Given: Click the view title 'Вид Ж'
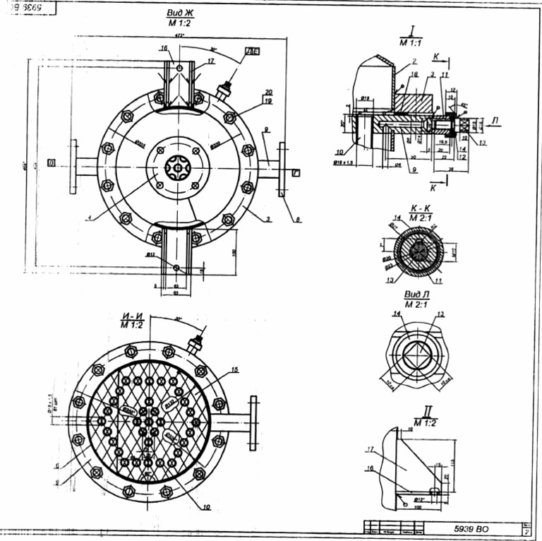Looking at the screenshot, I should click(179, 13).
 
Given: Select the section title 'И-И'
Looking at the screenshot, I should click(129, 316).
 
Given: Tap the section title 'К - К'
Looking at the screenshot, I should click(410, 210).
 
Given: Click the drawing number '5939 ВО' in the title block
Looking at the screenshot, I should click(471, 528).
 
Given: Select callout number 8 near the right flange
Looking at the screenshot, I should click(298, 220).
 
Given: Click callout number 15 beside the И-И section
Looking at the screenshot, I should click(234, 369).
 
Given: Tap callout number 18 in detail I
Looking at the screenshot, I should click(414, 73).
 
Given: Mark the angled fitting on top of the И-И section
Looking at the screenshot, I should click(195, 343).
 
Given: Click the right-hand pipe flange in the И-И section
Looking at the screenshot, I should click(253, 422).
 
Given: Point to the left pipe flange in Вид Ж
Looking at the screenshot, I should click(73, 166).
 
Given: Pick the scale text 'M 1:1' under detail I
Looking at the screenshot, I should click(410, 43).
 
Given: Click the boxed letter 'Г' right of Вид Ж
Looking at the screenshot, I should click(296, 172).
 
